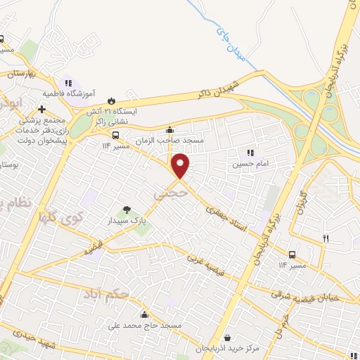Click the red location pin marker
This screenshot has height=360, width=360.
[x=181, y=165]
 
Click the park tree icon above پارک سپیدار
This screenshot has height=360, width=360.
[x=127, y=210]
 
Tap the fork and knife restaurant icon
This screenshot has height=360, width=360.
[x=326, y=239]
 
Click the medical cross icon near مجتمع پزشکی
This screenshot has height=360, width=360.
[x=42, y=110]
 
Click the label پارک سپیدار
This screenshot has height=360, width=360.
[x=127, y=220]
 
